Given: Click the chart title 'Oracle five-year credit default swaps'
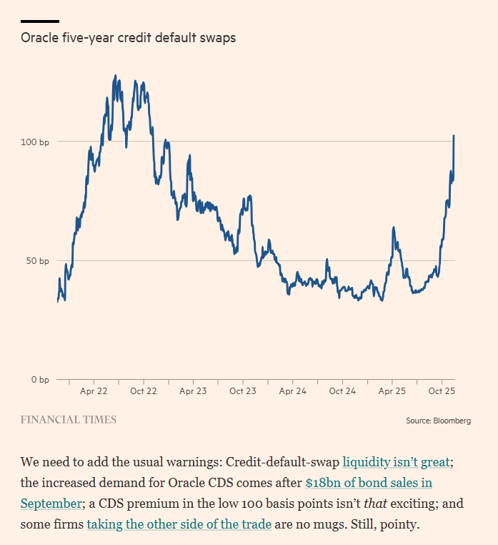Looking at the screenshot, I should pos(128,38).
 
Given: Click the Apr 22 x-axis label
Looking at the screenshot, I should pos(94,391).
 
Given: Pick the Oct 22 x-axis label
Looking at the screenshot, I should pos(143,391).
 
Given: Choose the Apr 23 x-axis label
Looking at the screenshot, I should pos(193,391).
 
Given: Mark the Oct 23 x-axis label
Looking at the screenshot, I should pos(242,391).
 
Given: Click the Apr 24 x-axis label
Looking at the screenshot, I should pos(292,391).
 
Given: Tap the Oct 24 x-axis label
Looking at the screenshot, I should pos(342,391).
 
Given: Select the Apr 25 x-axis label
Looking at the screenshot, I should pos(392,391).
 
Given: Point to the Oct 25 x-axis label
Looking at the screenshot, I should pos(442,391).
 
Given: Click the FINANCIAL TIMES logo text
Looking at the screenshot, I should pos(69,420).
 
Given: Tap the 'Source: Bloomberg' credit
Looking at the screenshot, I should pos(438,421).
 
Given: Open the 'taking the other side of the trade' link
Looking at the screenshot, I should pos(179,524).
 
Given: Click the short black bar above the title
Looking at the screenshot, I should pos(40,21).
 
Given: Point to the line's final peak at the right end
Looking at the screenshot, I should pos(454,136).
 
